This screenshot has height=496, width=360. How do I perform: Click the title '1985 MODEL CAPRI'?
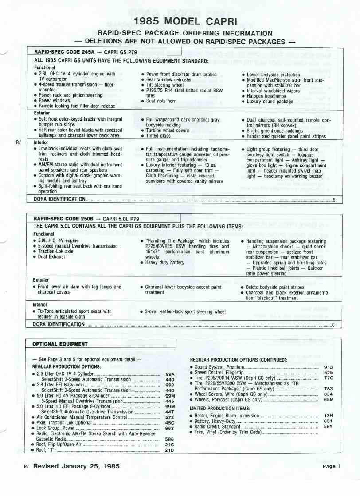coord(185,21)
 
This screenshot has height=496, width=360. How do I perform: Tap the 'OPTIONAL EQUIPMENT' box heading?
coord(60,344)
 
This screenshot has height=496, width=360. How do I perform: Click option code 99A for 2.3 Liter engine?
coord(170,374)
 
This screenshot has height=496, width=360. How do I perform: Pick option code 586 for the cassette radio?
coord(169,439)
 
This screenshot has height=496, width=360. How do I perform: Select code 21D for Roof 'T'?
coord(169,450)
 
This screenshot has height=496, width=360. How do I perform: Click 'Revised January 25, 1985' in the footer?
coord(76,466)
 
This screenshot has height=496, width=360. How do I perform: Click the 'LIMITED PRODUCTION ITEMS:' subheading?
coord(220,408)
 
